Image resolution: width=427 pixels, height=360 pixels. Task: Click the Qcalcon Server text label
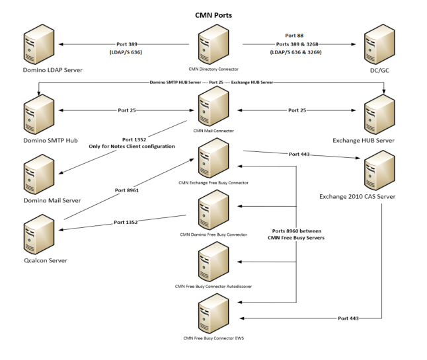(x=36, y=261)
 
